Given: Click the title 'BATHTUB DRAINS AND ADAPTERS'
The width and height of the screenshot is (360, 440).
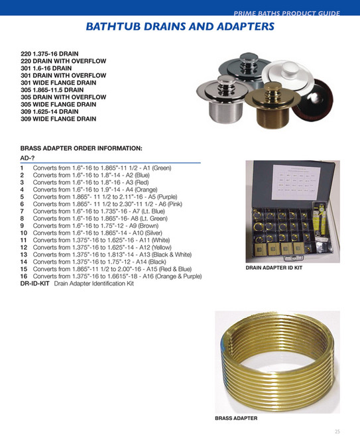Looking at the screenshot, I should coord(180,27).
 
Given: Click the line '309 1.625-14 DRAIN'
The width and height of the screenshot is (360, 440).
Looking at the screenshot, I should coord(54,111).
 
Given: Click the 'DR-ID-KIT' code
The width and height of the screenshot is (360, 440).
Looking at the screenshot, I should coord(35,284).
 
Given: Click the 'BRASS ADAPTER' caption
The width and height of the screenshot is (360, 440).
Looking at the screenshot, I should coord(236,418).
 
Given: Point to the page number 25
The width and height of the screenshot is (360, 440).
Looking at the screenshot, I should coord(337,431).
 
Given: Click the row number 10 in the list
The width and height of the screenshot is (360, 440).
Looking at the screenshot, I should coord(23,233).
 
